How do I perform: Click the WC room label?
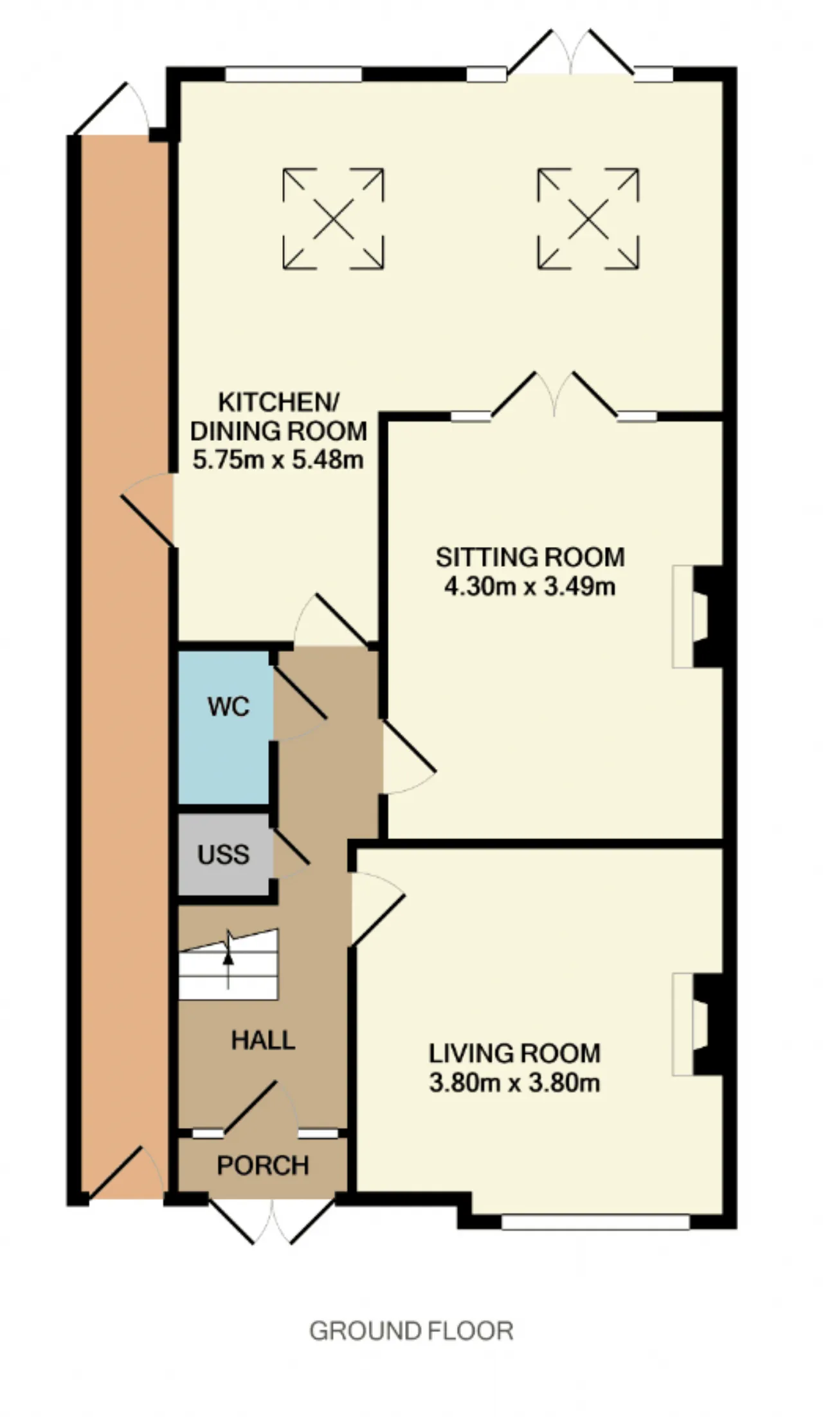(x=228, y=707)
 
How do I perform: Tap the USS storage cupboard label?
(x=223, y=855)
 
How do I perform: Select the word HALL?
(x=263, y=1041)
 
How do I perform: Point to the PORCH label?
(x=263, y=1165)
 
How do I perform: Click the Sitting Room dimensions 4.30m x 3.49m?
(x=530, y=587)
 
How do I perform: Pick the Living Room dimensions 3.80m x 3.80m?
(x=514, y=1083)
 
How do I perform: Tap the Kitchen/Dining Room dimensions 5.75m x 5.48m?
(x=278, y=460)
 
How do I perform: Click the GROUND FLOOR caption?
(x=411, y=1331)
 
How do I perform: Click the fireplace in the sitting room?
(x=698, y=616)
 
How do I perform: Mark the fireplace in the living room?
(x=698, y=1024)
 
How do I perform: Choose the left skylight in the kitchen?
(x=333, y=218)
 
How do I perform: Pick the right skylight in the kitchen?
(x=588, y=218)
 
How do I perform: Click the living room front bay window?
(x=595, y=1221)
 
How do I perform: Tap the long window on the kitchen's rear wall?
(x=294, y=75)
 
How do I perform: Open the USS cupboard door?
(x=291, y=853)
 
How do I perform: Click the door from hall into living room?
(x=377, y=909)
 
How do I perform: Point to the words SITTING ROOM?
(x=530, y=557)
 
